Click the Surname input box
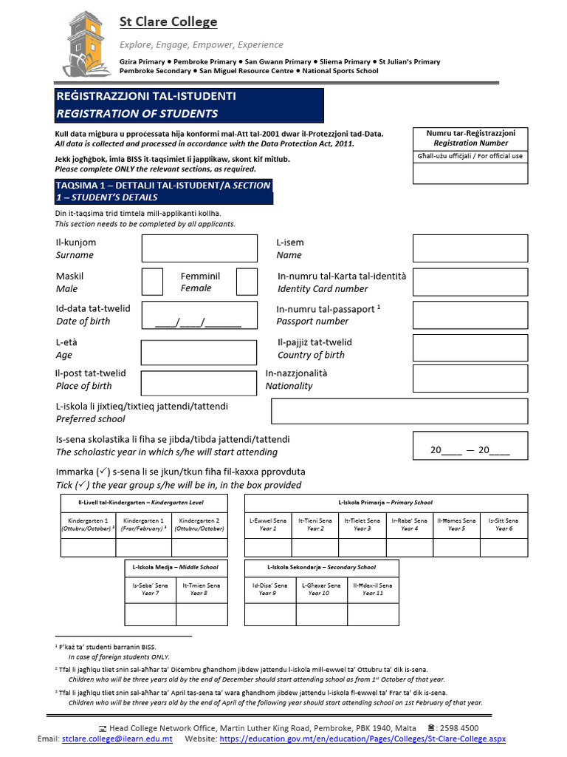point(188,248)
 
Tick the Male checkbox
point(152,282)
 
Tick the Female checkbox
point(247,282)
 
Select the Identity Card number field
point(470,282)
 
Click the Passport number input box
point(470,315)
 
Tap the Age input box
point(188,352)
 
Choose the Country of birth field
point(470,348)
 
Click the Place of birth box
point(188,383)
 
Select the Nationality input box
point(470,379)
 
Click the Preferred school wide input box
point(399,411)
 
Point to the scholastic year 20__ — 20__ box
point(470,445)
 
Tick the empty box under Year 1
point(268,548)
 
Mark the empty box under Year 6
point(504,548)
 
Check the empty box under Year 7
point(150,614)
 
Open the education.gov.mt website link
point(362,739)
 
